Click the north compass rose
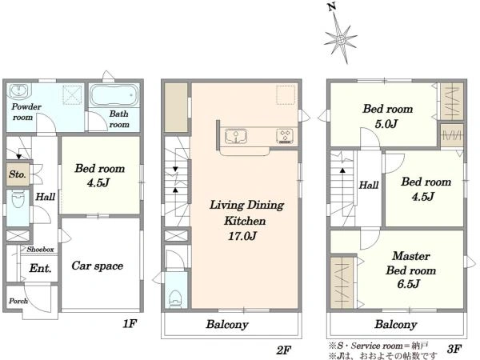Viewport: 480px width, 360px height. tap(341, 39)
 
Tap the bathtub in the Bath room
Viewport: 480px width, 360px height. tap(114, 95)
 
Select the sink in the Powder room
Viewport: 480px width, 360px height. tap(18, 90)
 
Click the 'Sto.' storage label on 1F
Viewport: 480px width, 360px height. tap(18, 174)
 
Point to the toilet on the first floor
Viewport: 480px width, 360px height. tap(18, 199)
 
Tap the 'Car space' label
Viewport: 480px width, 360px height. tap(98, 266)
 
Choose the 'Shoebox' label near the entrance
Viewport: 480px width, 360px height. tap(40, 249)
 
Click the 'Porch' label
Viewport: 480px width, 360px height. tap(18, 301)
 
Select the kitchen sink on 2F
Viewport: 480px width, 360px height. tap(236, 136)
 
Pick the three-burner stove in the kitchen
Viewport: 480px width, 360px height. tap(285, 136)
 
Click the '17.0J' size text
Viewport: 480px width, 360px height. tap(242, 236)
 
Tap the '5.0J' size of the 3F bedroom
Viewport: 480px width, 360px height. tap(386, 124)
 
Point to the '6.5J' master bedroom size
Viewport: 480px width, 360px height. tap(408, 284)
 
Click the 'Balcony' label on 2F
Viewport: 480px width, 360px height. tap(227, 324)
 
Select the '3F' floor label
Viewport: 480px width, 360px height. tap(454, 348)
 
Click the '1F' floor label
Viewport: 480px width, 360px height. tap(130, 323)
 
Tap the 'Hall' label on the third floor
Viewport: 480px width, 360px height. tap(369, 185)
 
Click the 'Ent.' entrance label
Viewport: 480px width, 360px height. tap(41, 269)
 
